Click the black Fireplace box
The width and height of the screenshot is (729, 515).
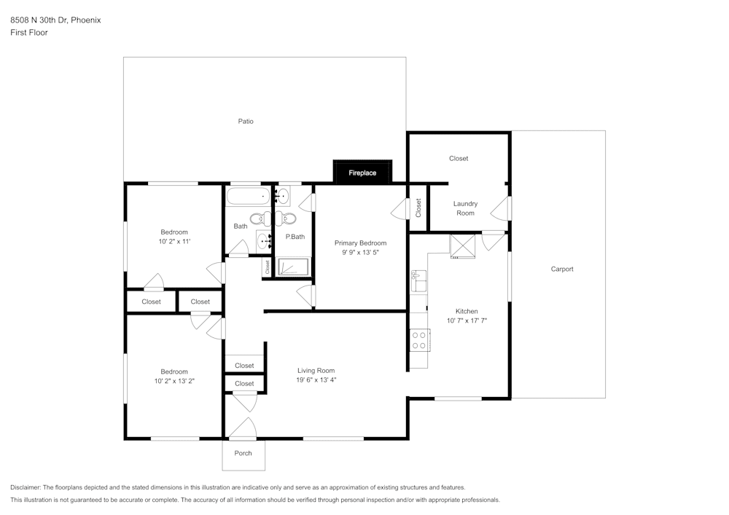tap(362, 172)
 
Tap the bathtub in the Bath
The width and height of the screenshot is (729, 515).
tap(247, 196)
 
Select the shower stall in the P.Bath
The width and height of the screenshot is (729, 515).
tap(293, 267)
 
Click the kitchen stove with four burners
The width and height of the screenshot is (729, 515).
tap(419, 340)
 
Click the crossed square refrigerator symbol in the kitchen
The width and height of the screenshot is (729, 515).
tap(462, 245)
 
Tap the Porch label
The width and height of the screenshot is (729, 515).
tap(243, 453)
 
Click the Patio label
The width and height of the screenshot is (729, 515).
tap(246, 121)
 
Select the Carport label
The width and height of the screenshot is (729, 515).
tap(561, 269)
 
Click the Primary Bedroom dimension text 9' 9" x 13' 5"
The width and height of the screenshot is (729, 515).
tap(360, 252)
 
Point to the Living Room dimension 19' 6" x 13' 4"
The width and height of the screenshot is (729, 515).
tap(316, 380)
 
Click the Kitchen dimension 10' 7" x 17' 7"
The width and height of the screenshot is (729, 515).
tap(467, 321)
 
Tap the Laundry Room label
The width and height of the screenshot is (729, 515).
tap(465, 208)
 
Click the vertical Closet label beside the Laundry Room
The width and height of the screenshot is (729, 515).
tap(418, 208)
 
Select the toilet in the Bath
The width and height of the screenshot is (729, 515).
tap(257, 218)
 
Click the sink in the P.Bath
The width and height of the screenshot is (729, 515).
tap(283, 195)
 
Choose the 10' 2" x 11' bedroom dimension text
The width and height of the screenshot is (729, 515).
tap(174, 241)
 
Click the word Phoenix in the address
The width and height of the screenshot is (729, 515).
tap(86, 20)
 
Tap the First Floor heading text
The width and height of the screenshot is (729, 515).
tap(29, 33)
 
